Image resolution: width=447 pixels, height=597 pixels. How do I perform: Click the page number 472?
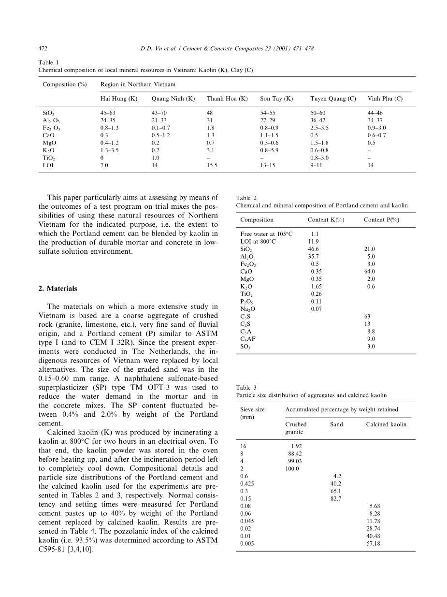42,48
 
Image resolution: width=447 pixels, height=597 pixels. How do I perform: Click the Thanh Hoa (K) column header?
227,99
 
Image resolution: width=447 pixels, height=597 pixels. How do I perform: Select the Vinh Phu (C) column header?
385,99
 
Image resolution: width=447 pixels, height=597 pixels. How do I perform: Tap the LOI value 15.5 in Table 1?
213,165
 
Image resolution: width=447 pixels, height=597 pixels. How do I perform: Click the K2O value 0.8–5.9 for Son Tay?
272,150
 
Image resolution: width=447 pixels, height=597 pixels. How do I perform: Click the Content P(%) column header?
381,220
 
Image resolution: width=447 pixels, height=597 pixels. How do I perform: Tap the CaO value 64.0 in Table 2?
369,272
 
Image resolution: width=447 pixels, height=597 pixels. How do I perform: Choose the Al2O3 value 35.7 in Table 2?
314,257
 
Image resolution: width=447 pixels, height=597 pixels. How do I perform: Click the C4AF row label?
247,339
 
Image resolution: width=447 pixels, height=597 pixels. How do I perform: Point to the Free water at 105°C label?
266,234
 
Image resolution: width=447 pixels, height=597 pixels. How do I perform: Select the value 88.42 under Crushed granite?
295,453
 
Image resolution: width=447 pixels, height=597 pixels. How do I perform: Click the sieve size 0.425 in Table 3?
247,483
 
